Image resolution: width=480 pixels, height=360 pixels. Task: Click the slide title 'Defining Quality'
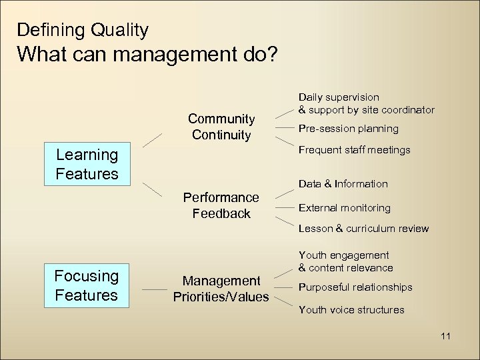click(83, 30)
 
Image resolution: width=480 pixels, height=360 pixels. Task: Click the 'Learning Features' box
click(87, 165)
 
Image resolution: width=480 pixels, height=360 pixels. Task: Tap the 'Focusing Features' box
click(87, 285)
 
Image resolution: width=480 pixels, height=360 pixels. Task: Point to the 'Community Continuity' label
click(221, 127)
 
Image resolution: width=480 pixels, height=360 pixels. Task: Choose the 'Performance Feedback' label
click(221, 205)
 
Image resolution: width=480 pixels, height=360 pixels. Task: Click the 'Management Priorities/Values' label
click(221, 289)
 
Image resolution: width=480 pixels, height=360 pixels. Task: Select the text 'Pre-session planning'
click(348, 128)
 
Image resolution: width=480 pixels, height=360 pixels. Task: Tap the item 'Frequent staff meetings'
click(354, 150)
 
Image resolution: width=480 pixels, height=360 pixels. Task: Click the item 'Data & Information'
click(343, 183)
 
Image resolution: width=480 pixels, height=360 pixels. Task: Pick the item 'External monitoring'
click(344, 207)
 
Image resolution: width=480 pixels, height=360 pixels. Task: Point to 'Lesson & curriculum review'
click(363, 229)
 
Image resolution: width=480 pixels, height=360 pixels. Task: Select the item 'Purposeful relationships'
click(355, 287)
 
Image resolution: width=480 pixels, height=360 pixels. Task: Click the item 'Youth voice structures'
click(351, 309)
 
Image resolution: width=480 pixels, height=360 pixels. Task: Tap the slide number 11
click(445, 336)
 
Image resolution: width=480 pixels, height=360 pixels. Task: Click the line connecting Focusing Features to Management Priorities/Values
click(155, 290)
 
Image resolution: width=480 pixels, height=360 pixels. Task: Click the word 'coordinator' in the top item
click(407, 109)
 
